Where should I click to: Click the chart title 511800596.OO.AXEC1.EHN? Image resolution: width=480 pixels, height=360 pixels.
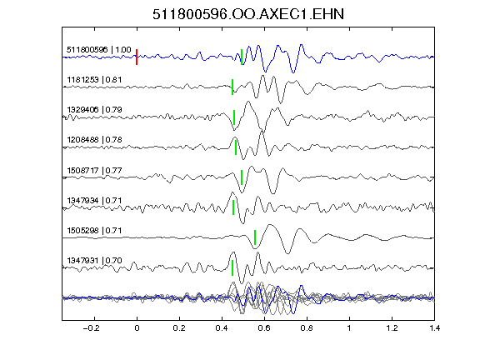point(248,14)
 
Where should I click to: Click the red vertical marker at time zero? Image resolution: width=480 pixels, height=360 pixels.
point(137,57)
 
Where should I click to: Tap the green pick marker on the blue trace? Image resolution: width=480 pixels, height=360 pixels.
point(242,57)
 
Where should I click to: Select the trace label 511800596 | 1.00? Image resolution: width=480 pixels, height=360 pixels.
point(99,50)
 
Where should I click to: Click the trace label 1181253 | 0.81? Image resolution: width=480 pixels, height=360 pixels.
point(94,80)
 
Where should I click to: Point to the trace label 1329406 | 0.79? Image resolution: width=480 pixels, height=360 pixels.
point(94,110)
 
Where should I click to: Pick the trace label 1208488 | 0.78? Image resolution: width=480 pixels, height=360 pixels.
point(94,140)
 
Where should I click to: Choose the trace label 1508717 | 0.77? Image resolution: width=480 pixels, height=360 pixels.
point(94,170)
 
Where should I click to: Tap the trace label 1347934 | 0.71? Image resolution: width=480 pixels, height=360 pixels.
point(94,201)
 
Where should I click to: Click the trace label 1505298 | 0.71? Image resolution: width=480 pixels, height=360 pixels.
point(94,230)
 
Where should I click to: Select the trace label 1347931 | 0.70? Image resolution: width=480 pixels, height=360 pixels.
point(94,261)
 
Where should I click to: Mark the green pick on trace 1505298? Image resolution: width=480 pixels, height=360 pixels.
point(255,237)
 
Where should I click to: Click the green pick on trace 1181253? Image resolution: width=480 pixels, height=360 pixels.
point(232,87)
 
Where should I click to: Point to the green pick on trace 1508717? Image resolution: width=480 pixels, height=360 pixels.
point(242,177)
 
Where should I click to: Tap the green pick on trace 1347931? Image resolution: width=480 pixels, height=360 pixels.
point(232,267)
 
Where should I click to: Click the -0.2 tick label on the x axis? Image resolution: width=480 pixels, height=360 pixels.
point(92,328)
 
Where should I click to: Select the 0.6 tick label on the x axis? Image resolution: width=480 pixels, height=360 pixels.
point(264,328)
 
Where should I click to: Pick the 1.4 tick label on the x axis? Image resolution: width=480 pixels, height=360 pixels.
point(434,328)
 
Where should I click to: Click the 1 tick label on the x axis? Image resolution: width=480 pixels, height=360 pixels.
point(349,328)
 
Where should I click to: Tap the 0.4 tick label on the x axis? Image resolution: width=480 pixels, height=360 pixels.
point(222,328)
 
